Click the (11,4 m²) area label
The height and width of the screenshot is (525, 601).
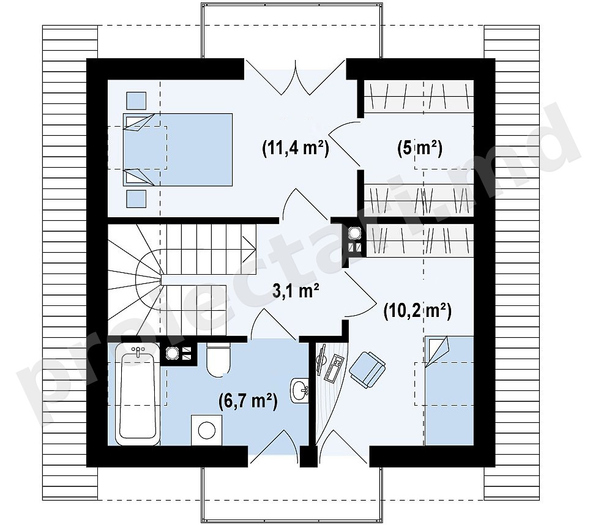point(295,148)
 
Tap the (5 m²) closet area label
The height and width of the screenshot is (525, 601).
point(420,148)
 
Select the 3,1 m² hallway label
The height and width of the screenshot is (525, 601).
point(296,291)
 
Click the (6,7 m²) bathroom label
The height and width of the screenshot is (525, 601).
point(248,401)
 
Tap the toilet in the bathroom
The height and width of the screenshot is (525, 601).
point(218,359)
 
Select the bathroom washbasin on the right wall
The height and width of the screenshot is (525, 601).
point(300,390)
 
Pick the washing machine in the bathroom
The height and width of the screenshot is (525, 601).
point(207,430)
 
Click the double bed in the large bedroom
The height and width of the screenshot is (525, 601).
point(177,149)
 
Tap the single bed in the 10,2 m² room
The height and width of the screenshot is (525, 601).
point(449,391)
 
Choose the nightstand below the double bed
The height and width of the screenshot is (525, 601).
point(136,198)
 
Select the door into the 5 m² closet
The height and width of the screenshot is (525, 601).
point(345,144)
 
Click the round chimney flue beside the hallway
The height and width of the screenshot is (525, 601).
point(353,233)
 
